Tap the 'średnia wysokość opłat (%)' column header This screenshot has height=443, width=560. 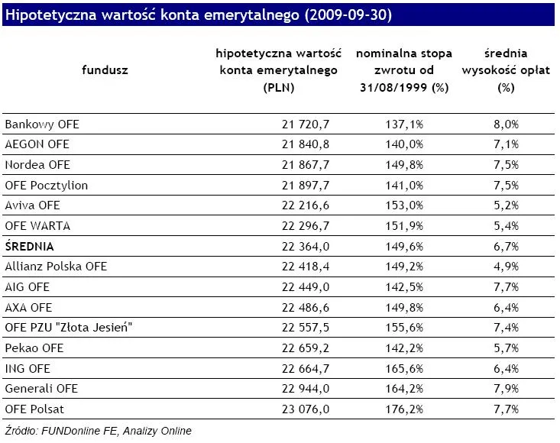pos(504,70)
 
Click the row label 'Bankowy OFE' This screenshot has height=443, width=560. pos(41,124)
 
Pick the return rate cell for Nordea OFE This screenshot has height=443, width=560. pos(404,164)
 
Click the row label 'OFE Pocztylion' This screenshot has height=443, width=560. pos(47,185)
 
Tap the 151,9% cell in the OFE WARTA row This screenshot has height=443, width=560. pos(404,226)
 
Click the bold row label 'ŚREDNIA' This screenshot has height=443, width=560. pos(30,246)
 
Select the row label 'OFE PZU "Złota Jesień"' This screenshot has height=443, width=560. pos(64,328)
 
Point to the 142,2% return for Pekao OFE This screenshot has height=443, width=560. pos(404,348)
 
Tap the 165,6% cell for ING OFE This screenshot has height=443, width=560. pos(404,368)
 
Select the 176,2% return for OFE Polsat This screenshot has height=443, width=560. pos(404,409)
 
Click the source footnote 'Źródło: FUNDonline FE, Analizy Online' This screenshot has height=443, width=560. pos(98,431)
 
